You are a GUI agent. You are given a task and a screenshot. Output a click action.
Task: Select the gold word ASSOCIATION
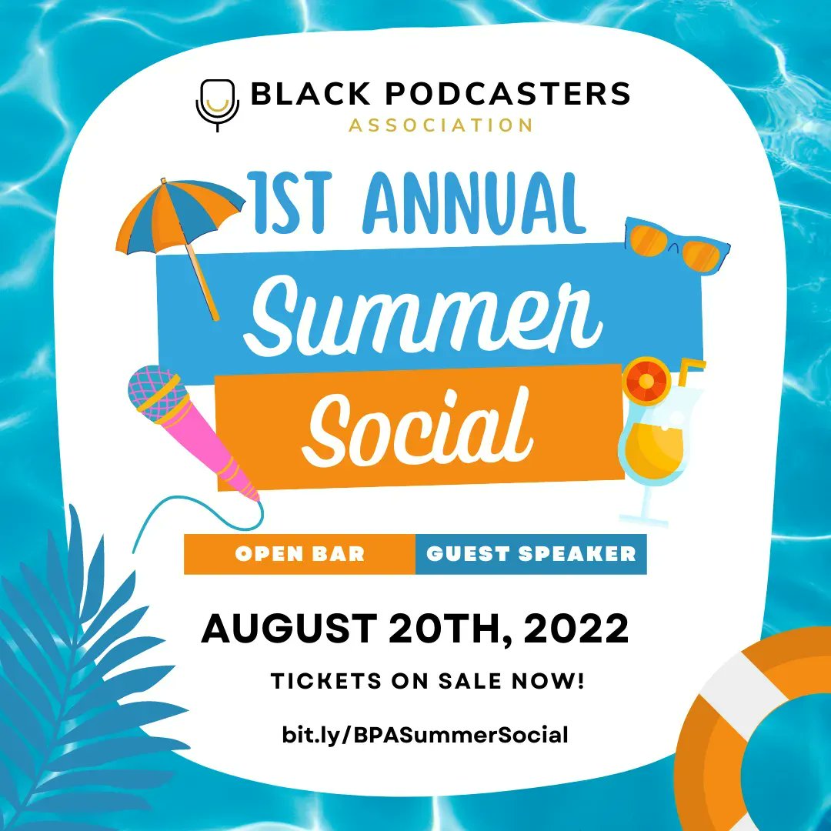[x=441, y=125]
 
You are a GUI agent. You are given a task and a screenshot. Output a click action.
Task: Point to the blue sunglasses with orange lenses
[x=675, y=244]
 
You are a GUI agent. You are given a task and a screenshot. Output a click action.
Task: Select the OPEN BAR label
[x=300, y=553]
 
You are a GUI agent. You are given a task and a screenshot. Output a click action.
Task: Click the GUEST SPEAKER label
[x=531, y=553]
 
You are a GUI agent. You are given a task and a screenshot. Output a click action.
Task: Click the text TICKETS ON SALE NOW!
[x=427, y=682]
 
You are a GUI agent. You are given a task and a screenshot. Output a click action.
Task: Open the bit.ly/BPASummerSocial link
[x=425, y=735]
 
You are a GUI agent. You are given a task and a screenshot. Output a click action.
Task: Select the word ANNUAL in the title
[x=474, y=204]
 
